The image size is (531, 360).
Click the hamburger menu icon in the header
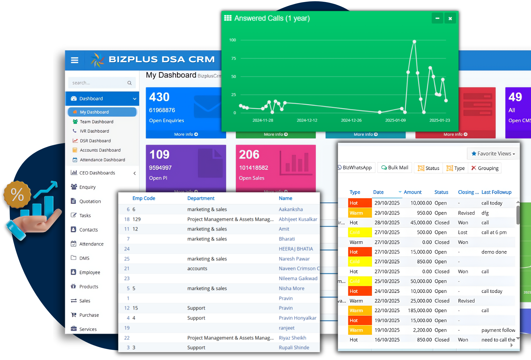[x=75, y=60]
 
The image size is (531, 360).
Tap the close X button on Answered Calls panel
[x=450, y=18]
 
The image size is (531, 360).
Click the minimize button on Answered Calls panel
[x=437, y=18]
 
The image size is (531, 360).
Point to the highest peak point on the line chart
[x=414, y=42]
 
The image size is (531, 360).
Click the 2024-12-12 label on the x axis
[x=307, y=120]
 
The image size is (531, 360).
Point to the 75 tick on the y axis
[x=234, y=58]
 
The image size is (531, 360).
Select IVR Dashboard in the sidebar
[x=94, y=131]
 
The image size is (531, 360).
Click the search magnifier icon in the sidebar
[x=130, y=83]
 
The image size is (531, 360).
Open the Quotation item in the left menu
[x=90, y=201]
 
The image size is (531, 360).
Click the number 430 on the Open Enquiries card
[x=159, y=97]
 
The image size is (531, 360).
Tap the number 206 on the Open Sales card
[x=249, y=155]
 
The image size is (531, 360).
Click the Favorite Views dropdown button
[x=493, y=154]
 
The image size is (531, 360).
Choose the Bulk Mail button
[x=395, y=168]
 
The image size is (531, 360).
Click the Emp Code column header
[x=143, y=198]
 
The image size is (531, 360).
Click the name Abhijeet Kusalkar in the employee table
[x=298, y=219]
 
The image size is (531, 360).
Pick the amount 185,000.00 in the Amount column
[x=420, y=310]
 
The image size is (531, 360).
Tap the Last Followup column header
[x=496, y=192]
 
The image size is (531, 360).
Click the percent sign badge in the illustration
[x=17, y=195]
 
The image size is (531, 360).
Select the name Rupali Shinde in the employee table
[x=294, y=347]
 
